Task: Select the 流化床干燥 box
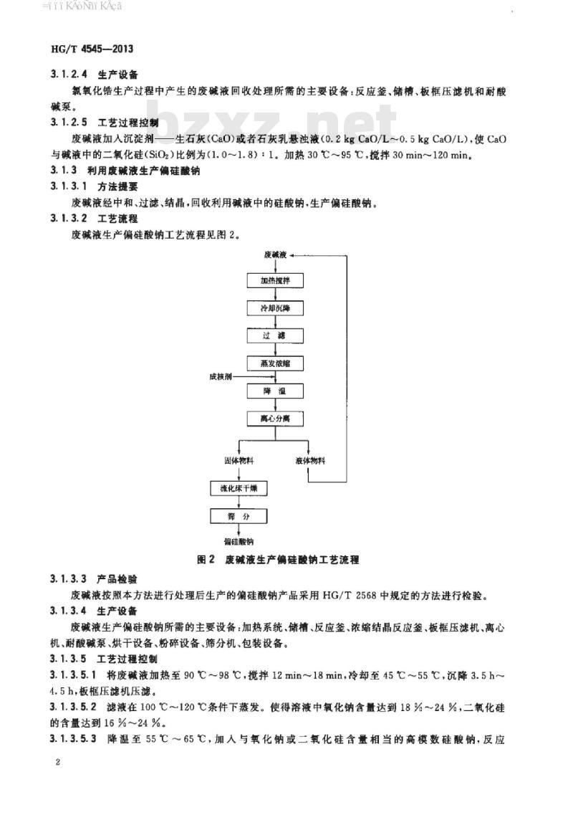[x=239, y=489]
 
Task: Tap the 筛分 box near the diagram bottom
[x=239, y=516]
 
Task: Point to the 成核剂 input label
[x=221, y=376]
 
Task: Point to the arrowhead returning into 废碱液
[x=295, y=254]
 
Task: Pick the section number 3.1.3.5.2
[x=77, y=707]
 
